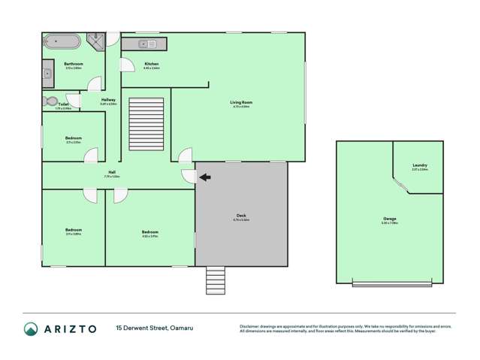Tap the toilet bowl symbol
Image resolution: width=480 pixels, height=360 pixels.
(x=51, y=101)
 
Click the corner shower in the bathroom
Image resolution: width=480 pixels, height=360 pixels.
(x=98, y=41)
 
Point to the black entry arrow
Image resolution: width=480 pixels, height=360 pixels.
(x=205, y=177)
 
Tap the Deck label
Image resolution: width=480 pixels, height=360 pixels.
(x=240, y=216)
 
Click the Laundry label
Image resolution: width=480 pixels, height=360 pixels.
(x=420, y=165)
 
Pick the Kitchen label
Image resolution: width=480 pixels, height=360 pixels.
(x=151, y=64)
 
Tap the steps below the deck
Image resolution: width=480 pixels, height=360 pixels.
(x=215, y=280)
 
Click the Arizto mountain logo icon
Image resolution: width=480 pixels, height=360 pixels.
(x=31, y=328)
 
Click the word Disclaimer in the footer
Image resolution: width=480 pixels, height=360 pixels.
(x=251, y=326)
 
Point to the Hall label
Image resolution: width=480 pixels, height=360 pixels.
(x=111, y=172)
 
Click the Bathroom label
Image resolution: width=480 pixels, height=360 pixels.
(x=73, y=64)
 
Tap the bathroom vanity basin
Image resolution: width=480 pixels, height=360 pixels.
(x=47, y=74)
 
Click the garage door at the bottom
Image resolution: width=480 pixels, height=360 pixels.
(x=392, y=283)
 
